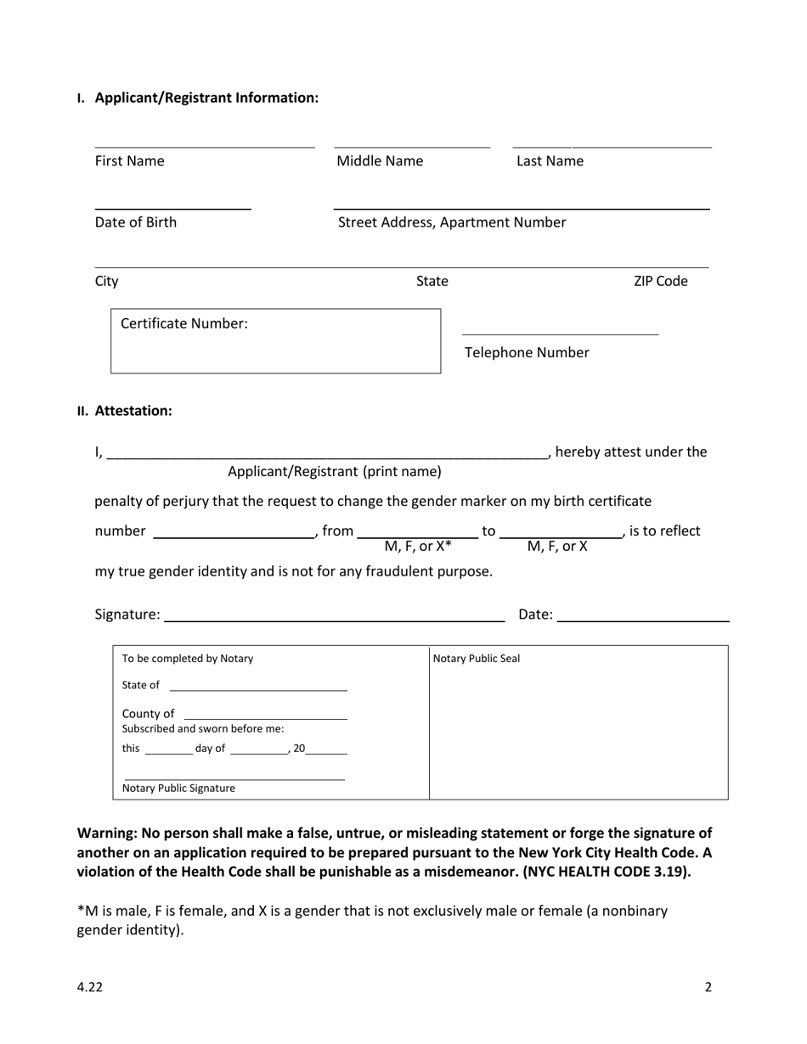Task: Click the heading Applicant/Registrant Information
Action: pyautogui.click(x=206, y=98)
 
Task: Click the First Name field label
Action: pyautogui.click(x=129, y=161)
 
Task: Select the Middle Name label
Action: pyautogui.click(x=380, y=161)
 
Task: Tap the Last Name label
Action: pyautogui.click(x=550, y=161)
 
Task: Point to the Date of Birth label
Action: pyautogui.click(x=136, y=222)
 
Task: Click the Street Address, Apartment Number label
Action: pyautogui.click(x=452, y=222)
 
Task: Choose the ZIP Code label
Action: pyautogui.click(x=660, y=281)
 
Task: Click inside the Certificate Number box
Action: pyautogui.click(x=275, y=348)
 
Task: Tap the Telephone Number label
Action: pyautogui.click(x=527, y=352)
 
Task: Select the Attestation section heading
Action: pyautogui.click(x=133, y=411)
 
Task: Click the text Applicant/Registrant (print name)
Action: pyautogui.click(x=335, y=471)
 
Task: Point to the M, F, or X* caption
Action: pyautogui.click(x=418, y=546)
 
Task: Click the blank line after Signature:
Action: pyautogui.click(x=334, y=615)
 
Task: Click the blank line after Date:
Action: pyautogui.click(x=643, y=615)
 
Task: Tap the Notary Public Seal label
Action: pyautogui.click(x=477, y=659)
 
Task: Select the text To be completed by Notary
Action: pyautogui.click(x=188, y=659)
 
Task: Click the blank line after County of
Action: pyautogui.click(x=265, y=713)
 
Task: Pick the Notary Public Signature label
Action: pyautogui.click(x=179, y=788)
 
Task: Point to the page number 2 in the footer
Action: pyautogui.click(x=708, y=986)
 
